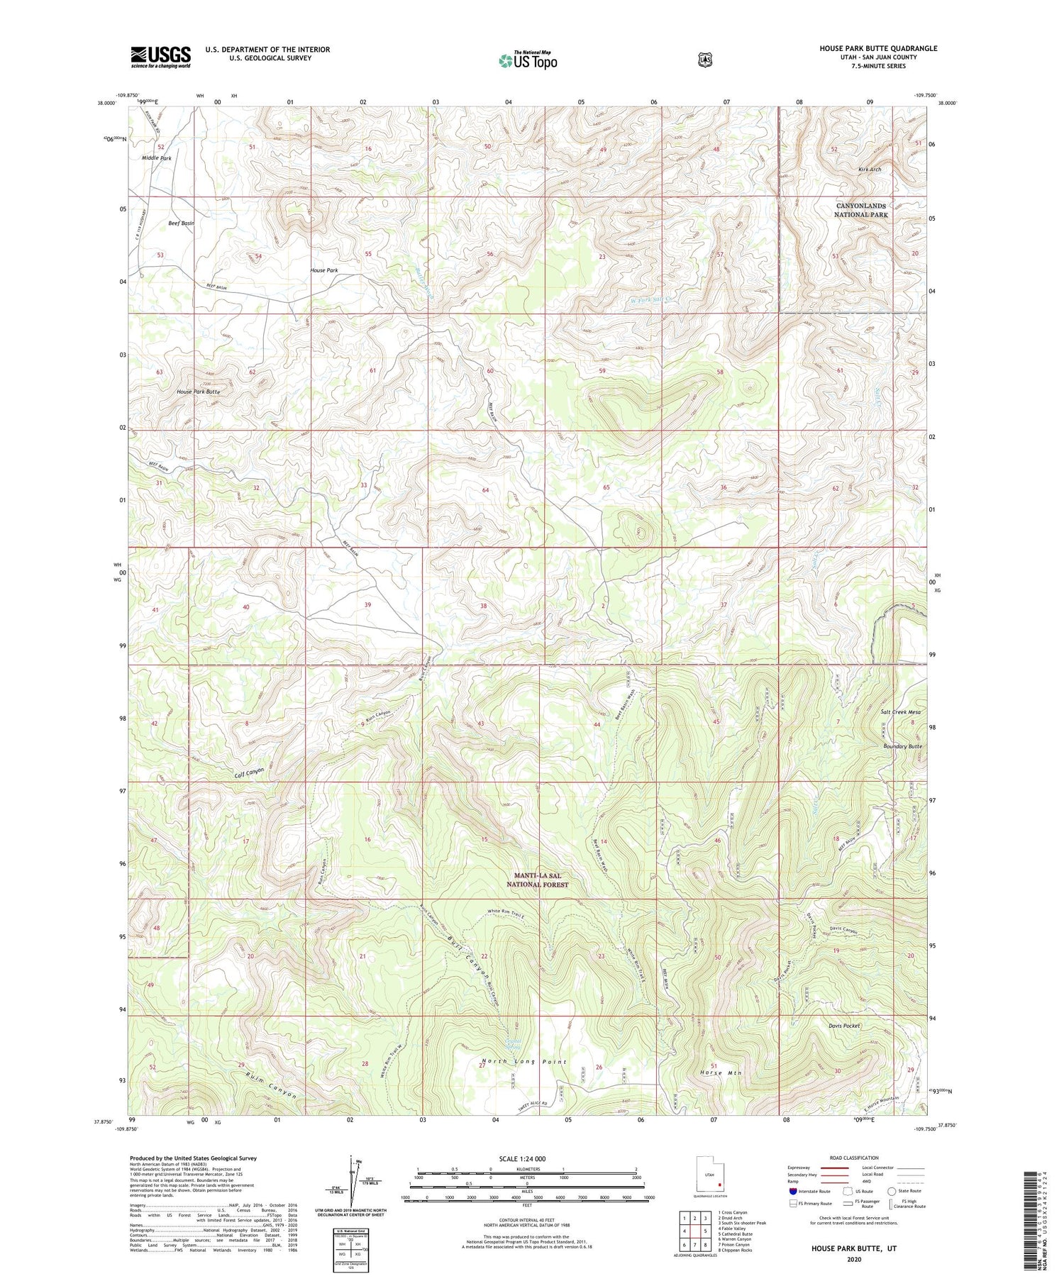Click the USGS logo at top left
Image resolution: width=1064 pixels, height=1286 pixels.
(x=160, y=57)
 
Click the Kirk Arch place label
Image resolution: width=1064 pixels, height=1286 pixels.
(x=869, y=170)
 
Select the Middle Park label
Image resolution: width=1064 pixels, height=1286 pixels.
(x=156, y=158)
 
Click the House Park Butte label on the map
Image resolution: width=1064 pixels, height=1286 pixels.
(x=198, y=392)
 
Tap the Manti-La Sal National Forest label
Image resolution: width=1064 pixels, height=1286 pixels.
(x=537, y=880)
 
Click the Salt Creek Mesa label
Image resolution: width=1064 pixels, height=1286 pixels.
(x=900, y=712)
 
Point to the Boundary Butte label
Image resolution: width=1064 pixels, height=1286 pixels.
(x=902, y=746)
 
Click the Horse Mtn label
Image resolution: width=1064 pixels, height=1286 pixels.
(x=720, y=1073)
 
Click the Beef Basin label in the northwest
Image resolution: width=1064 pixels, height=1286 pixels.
(x=181, y=223)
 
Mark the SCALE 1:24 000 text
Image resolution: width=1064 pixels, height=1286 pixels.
(x=526, y=1158)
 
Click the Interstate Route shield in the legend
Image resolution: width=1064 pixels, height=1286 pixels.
(x=793, y=1191)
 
